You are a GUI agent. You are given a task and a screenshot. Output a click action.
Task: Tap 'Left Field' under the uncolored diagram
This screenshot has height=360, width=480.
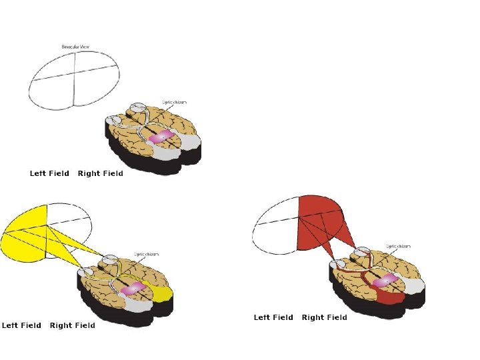tap(49, 173)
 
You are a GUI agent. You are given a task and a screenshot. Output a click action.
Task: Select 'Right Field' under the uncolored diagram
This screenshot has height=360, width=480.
tap(101, 173)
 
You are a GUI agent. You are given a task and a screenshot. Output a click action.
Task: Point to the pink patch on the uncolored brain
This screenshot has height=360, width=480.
tap(161, 137)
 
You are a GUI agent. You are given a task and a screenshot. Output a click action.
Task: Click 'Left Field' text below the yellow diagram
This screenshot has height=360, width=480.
tap(21, 325)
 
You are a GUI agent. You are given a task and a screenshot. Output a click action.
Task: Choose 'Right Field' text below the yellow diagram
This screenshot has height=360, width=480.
tap(73, 325)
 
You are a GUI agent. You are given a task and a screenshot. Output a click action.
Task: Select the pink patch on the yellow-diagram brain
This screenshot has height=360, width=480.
tap(133, 287)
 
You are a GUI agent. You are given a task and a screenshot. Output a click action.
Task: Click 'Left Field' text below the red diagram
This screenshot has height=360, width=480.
tap(273, 317)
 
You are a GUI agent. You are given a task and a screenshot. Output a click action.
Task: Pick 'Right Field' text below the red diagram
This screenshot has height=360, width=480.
tap(325, 317)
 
